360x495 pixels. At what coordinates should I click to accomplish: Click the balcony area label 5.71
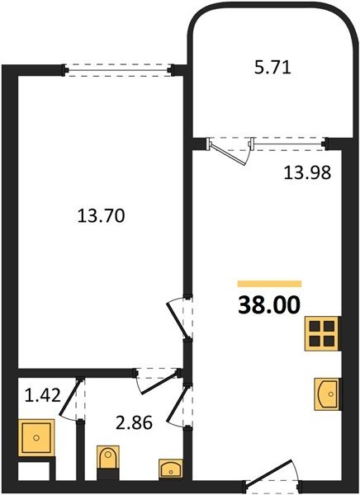[272, 68]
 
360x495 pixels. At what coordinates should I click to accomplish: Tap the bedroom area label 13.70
[101, 216]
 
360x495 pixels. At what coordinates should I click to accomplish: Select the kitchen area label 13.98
[307, 172]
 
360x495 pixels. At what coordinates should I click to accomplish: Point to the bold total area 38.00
[269, 305]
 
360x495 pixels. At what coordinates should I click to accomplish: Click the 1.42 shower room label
[43, 395]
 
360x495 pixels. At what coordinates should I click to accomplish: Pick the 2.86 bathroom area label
[135, 422]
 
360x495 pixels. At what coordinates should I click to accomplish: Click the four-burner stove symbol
[322, 333]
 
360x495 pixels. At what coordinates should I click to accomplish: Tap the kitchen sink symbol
[327, 394]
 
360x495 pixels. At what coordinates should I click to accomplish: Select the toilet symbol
[108, 457]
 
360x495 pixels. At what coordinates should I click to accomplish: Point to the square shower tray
[36, 437]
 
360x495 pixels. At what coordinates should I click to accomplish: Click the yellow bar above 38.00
[269, 284]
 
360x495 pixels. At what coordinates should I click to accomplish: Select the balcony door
[230, 151]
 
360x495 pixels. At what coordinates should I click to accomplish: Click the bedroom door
[179, 318]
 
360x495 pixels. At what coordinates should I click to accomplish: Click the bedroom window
[118, 69]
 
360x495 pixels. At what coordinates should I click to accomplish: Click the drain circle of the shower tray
[36, 437]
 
